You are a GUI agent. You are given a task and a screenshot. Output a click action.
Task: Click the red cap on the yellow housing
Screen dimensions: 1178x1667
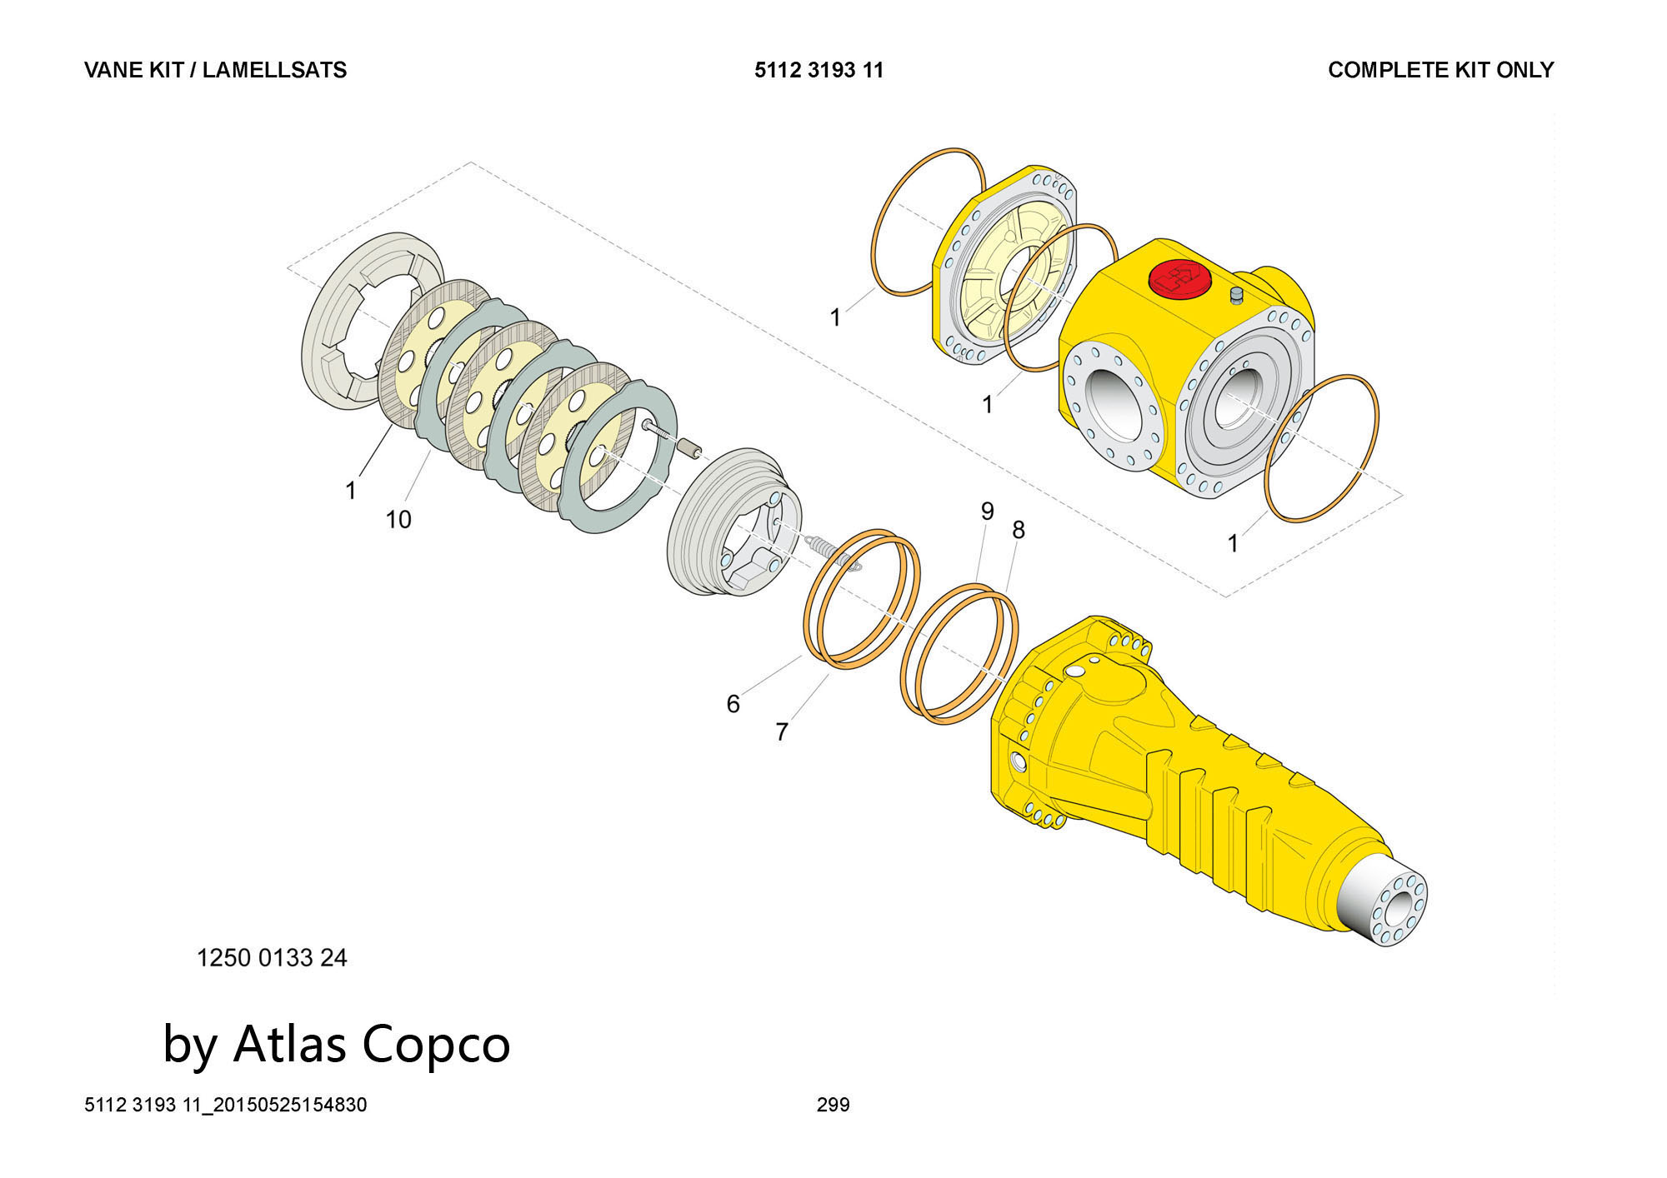pos(1178,278)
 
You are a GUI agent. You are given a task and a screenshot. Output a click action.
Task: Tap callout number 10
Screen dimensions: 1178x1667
pos(398,520)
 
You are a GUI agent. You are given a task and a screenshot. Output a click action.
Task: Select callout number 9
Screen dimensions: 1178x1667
pos(988,511)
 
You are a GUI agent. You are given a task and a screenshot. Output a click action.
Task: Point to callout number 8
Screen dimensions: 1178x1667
pos(1018,530)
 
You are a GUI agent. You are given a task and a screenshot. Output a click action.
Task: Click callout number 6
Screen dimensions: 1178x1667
pos(733,704)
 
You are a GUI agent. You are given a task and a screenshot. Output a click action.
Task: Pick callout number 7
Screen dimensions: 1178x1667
pos(782,732)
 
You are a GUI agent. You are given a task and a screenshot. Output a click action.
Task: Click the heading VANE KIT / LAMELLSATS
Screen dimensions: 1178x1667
pos(215,70)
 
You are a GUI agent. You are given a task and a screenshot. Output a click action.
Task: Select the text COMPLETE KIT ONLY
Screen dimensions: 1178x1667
pos(1440,70)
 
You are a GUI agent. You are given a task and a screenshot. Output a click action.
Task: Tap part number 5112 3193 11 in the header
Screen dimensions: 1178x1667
pos(818,70)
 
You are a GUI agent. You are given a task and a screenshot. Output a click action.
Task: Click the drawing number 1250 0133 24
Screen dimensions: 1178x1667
pos(272,958)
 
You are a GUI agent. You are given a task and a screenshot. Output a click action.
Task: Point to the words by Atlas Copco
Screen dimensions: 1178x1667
pos(336,1044)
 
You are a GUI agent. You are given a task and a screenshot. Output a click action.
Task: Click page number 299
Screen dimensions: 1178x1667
pos(833,1105)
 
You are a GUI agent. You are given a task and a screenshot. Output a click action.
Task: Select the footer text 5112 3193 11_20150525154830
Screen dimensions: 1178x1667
pos(225,1105)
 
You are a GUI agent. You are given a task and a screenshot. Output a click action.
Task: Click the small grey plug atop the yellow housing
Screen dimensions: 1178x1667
pos(1236,294)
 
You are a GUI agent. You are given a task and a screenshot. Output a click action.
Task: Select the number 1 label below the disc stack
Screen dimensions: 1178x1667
pos(351,491)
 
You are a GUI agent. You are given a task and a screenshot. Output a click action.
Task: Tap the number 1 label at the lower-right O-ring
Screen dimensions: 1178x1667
pos(1233,543)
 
